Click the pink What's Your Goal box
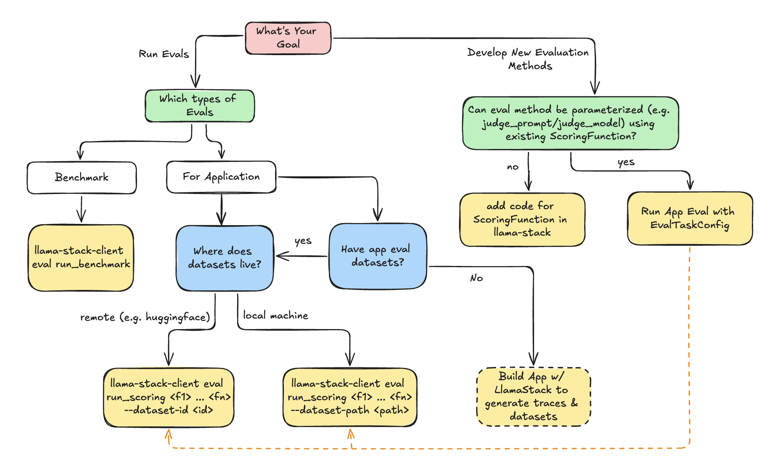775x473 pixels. click(288, 38)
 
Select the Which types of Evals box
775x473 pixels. click(200, 106)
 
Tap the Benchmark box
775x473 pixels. click(82, 178)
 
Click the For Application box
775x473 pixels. click(221, 177)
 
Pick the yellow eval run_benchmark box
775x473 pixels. click(81, 258)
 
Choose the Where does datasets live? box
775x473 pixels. click(224, 258)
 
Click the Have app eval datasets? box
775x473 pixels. click(377, 256)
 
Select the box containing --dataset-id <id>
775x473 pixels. click(168, 397)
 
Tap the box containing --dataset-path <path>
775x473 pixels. click(350, 397)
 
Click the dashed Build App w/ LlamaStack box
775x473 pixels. click(533, 396)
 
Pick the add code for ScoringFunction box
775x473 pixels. click(522, 219)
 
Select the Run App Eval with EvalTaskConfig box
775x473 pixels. click(689, 218)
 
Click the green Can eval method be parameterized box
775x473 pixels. click(570, 123)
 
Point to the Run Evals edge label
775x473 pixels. click(164, 54)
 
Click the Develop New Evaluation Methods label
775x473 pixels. click(529, 59)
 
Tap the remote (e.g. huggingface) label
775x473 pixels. click(145, 317)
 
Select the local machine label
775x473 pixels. click(275, 316)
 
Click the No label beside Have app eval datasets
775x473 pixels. click(476, 278)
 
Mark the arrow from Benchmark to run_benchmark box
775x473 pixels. click(81, 209)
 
